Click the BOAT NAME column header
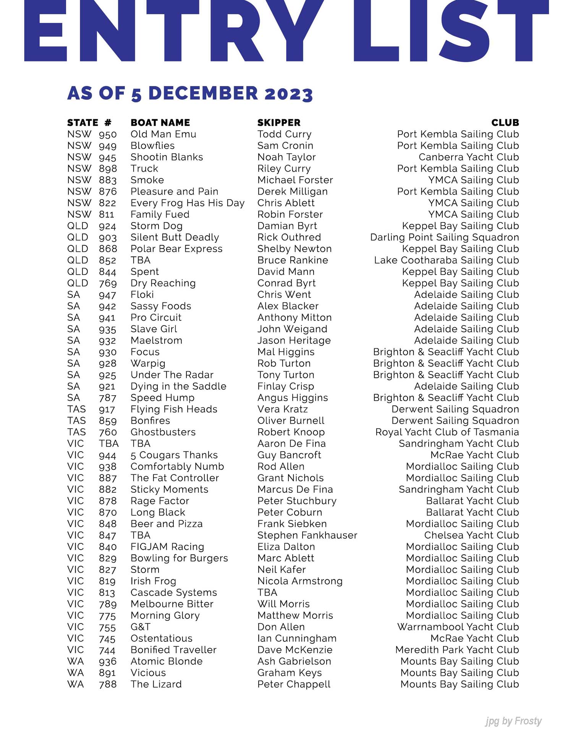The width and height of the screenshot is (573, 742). [160, 123]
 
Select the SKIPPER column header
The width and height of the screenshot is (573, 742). [279, 123]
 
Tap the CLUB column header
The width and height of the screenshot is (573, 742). [505, 123]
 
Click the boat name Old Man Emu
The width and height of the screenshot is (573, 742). [163, 134]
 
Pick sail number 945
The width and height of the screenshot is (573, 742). [107, 157]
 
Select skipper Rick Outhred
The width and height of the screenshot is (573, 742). [289, 237]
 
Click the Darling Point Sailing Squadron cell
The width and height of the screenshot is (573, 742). [445, 237]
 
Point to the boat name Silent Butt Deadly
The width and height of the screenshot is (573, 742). [175, 237]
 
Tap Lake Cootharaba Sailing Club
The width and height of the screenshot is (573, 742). [447, 260]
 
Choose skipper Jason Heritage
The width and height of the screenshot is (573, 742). [294, 341]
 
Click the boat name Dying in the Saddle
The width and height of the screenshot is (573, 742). [178, 386]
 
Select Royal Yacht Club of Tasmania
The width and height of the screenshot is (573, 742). [447, 432]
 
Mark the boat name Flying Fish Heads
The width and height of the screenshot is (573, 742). [174, 409]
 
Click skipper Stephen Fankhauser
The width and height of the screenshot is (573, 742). [307, 535]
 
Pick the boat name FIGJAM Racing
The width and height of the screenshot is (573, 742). [167, 547]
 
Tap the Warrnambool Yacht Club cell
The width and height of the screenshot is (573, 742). [458, 627]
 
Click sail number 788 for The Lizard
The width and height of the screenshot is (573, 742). [108, 684]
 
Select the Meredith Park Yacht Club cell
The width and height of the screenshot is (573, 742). [457, 650]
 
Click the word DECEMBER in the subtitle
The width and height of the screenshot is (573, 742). [203, 94]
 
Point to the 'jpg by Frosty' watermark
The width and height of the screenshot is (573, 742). [513, 721]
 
